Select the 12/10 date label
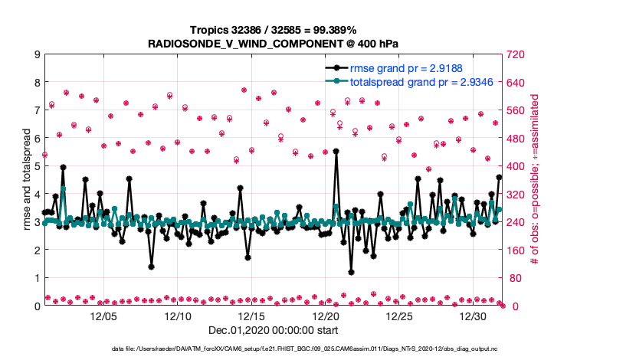[178, 316]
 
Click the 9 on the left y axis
[37, 54]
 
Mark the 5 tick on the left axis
[37, 166]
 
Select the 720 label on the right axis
[514, 54]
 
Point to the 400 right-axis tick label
[514, 166]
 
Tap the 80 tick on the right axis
[511, 278]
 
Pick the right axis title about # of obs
[536, 180]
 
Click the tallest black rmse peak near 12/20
[336, 152]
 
